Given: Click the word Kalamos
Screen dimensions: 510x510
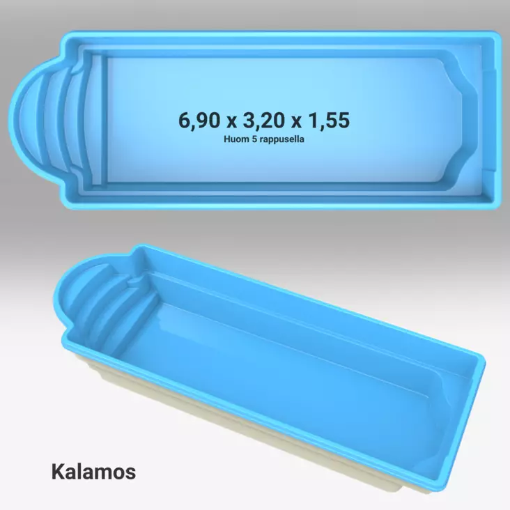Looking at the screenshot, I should pos(93,471).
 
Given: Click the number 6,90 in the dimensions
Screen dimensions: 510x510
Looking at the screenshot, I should pos(199,121).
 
